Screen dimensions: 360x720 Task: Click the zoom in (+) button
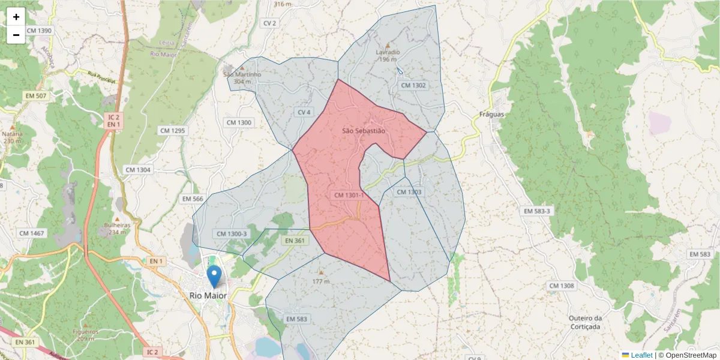[x=16, y=17]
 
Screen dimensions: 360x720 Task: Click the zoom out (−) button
[x=16, y=35]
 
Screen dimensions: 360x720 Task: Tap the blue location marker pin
[x=214, y=277]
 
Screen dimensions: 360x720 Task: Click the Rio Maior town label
[x=208, y=295]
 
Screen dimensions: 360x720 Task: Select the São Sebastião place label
[x=363, y=131]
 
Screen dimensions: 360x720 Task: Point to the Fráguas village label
[x=492, y=114]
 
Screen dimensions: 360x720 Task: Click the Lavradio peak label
[x=388, y=52]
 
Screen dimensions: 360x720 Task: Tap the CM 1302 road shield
[x=413, y=85]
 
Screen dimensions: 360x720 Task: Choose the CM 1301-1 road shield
[x=349, y=195]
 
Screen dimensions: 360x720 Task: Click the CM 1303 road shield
[x=409, y=192]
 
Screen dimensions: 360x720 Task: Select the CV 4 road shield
[x=304, y=112]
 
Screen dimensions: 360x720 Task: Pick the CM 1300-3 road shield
[x=230, y=234]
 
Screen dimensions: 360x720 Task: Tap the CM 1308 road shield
[x=561, y=286]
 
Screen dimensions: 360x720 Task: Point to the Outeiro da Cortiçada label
[x=584, y=322]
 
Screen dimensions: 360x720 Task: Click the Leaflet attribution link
[x=641, y=355]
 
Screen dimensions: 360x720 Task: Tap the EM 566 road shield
[x=193, y=199]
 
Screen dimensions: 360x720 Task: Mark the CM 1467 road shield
[x=32, y=233]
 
